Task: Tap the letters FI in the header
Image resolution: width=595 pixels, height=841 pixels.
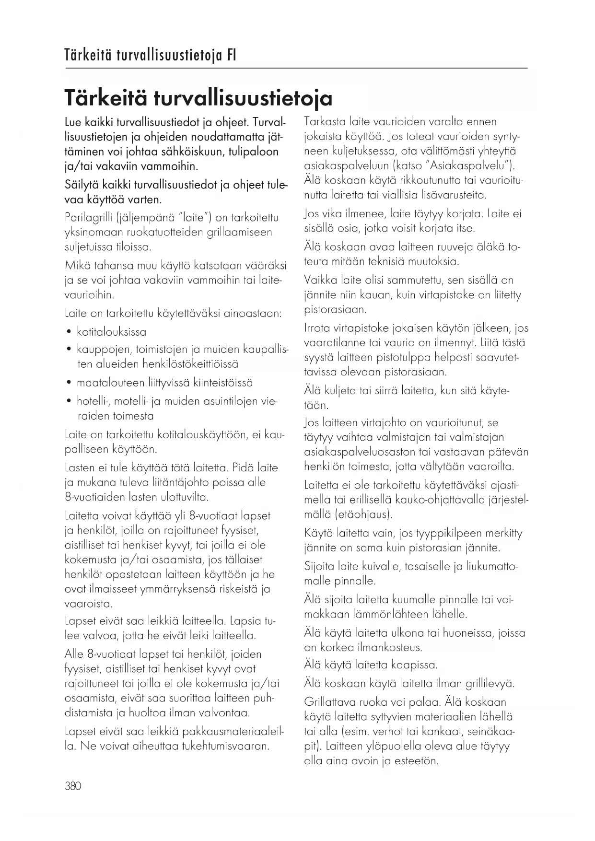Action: click(x=231, y=56)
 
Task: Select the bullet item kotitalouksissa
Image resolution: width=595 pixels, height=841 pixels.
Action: click(x=111, y=332)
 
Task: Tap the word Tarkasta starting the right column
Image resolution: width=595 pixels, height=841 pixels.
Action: click(x=325, y=122)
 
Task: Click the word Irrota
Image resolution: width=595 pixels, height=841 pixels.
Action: click(x=317, y=328)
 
